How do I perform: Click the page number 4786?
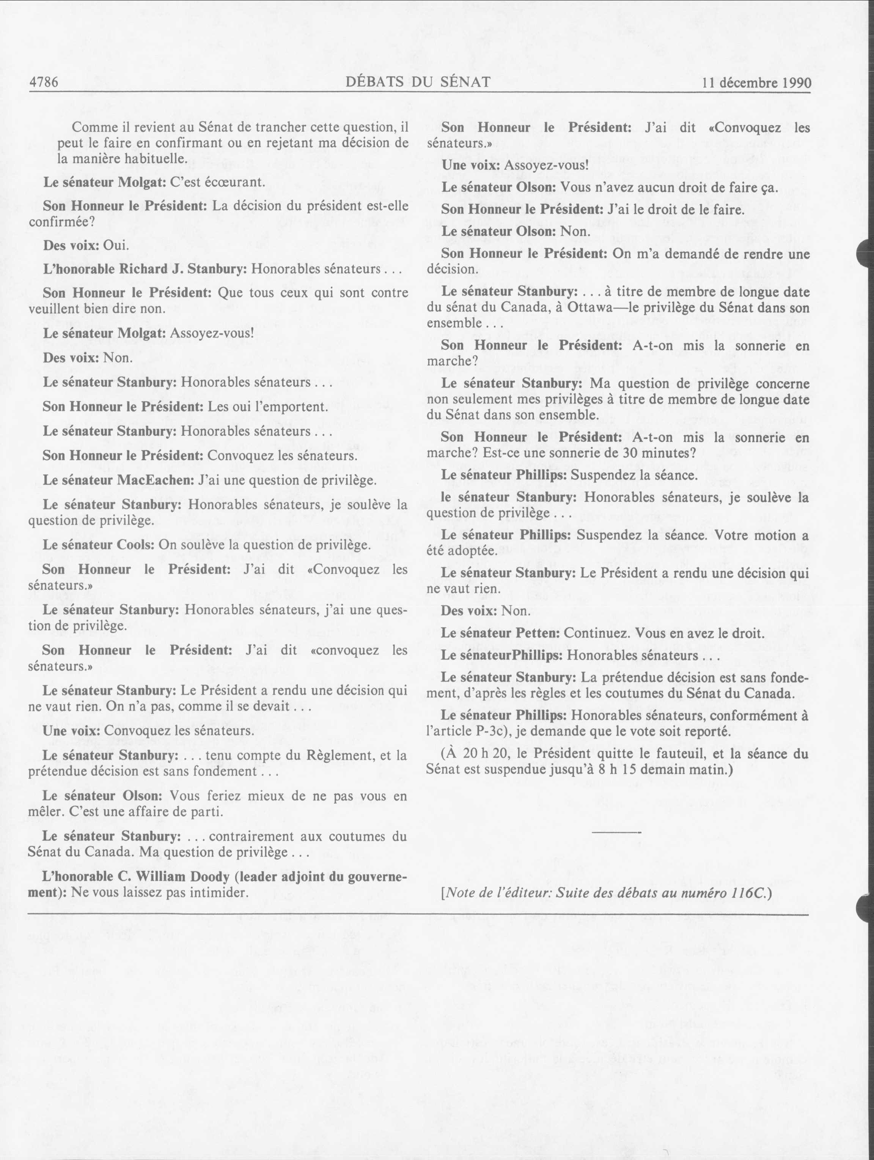tap(44, 82)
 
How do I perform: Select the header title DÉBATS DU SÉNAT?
tap(418, 82)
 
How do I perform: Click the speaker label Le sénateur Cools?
tap(98, 545)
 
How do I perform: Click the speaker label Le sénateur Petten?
tap(500, 633)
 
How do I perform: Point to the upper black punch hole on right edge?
tap(865, 254)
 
